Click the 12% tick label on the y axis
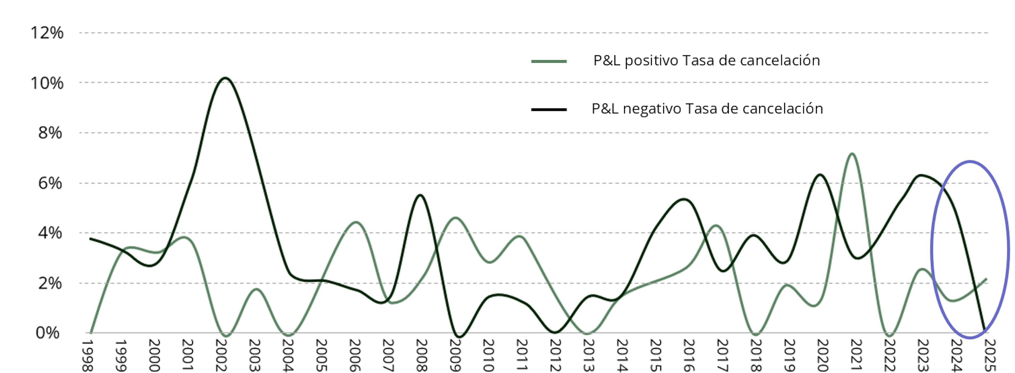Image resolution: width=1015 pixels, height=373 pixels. tap(47, 33)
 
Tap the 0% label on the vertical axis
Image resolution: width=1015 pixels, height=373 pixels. tap(48, 333)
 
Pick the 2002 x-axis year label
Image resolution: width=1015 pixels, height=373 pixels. tap(222, 355)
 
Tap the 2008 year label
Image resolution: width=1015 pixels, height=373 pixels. tap(421, 355)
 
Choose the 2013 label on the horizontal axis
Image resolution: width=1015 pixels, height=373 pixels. tap(588, 355)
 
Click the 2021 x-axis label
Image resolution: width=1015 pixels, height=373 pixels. tap(855, 355)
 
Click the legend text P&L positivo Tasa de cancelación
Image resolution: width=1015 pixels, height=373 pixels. tap(707, 61)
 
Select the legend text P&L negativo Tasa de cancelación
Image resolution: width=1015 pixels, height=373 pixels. tap(707, 108)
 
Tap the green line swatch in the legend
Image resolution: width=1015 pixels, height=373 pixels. tap(549, 62)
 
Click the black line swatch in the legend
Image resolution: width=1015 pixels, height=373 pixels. tap(549, 109)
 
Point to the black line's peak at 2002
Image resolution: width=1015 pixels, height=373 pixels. tap(225, 78)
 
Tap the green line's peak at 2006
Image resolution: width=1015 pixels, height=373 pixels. tap(356, 222)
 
